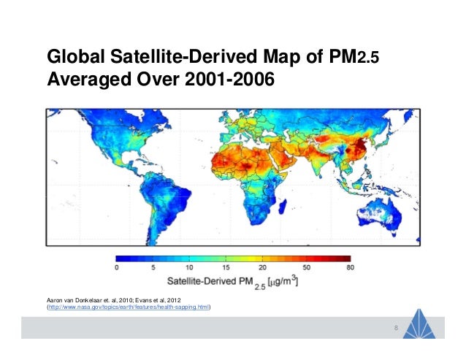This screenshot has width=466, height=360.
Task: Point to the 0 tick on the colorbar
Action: point(117,268)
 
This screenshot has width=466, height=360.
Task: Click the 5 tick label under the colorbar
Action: point(153,268)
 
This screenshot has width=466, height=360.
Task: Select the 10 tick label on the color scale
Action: point(189,268)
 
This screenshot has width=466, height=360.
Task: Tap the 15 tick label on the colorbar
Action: point(226,268)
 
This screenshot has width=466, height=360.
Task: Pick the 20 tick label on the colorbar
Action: point(262,268)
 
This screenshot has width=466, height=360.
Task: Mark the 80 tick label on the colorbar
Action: point(349,268)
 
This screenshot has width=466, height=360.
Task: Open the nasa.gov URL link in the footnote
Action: point(129,308)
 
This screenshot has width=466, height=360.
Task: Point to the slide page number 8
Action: point(395,327)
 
